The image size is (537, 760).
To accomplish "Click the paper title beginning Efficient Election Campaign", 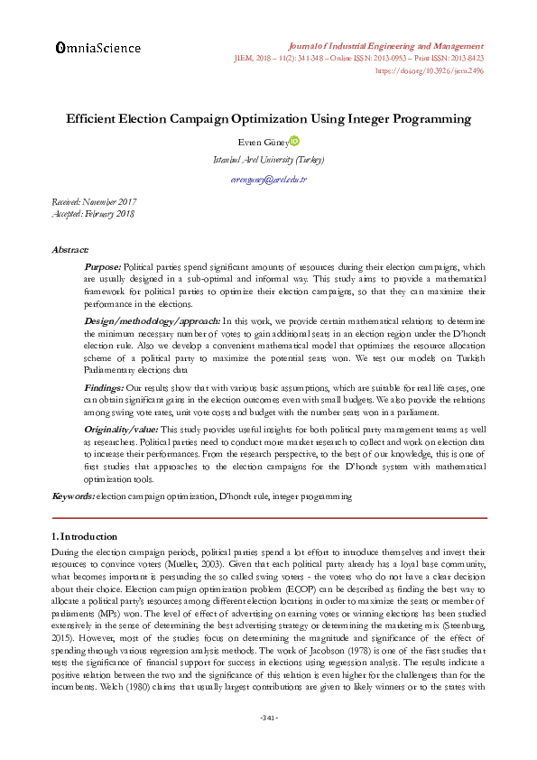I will (x=268, y=119).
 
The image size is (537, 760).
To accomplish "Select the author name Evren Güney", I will (x=261, y=142).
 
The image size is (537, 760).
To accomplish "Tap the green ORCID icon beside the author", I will (x=293, y=141).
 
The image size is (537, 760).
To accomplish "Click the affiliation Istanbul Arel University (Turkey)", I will (x=268, y=160).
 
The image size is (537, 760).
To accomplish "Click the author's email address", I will (x=268, y=180).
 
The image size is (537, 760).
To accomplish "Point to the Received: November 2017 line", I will (x=93, y=202).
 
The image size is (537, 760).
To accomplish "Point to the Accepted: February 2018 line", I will (x=92, y=213).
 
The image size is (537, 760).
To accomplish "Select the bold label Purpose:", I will (x=102, y=268).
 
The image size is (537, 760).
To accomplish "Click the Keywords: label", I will (x=71, y=496).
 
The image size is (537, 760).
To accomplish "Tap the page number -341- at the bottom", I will (x=268, y=718).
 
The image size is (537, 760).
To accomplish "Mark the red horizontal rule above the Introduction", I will (x=268, y=518).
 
